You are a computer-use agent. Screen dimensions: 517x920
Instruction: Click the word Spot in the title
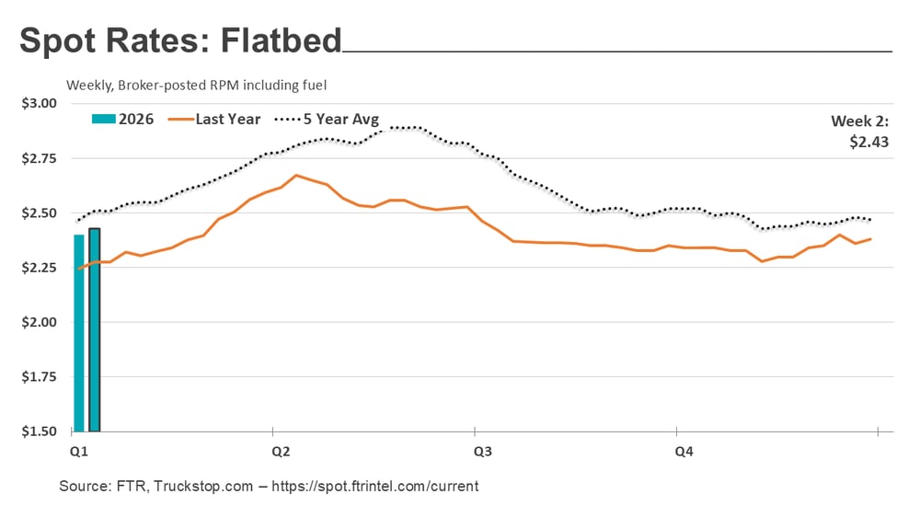point(58,41)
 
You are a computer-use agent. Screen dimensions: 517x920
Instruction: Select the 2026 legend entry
point(122,119)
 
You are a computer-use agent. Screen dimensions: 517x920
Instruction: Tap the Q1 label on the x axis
point(79,452)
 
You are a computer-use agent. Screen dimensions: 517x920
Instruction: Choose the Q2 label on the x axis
point(281,452)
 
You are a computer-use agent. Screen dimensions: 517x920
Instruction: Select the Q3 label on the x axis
point(482,452)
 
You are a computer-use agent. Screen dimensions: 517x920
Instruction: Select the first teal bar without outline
point(79,333)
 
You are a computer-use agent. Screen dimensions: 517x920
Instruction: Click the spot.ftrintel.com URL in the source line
point(386,486)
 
